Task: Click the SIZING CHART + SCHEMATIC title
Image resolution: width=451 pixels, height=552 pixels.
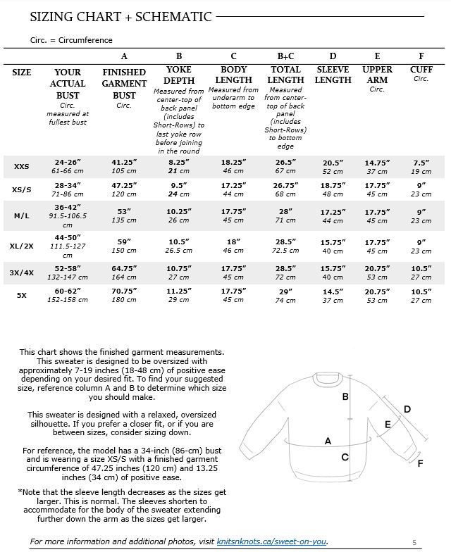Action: pyautogui.click(x=121, y=16)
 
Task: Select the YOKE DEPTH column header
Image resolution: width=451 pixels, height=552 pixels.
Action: pyautogui.click(x=179, y=75)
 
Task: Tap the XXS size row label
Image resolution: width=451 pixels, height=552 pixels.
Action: pyautogui.click(x=22, y=167)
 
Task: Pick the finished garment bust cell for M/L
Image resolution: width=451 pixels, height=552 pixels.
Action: pyautogui.click(x=124, y=214)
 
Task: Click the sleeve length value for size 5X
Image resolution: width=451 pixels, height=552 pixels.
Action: pyautogui.click(x=333, y=295)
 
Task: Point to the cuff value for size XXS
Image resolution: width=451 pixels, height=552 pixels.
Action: pyautogui.click(x=421, y=167)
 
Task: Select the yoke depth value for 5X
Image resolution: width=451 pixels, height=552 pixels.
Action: pyautogui.click(x=179, y=295)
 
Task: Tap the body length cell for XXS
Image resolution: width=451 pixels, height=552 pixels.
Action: pyautogui.click(x=233, y=167)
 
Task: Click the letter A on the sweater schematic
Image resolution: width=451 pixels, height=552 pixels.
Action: pyautogui.click(x=328, y=441)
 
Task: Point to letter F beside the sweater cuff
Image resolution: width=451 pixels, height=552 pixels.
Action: pyautogui.click(x=421, y=463)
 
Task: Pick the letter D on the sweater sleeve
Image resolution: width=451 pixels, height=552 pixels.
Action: pyautogui.click(x=407, y=409)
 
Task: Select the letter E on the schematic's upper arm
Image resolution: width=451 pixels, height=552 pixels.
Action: pyautogui.click(x=388, y=424)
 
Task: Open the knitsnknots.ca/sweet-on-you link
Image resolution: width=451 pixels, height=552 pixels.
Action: pyautogui.click(x=272, y=541)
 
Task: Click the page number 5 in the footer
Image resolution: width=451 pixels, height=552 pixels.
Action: pyautogui.click(x=414, y=541)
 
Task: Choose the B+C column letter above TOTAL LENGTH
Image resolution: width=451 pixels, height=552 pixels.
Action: pyautogui.click(x=285, y=56)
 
